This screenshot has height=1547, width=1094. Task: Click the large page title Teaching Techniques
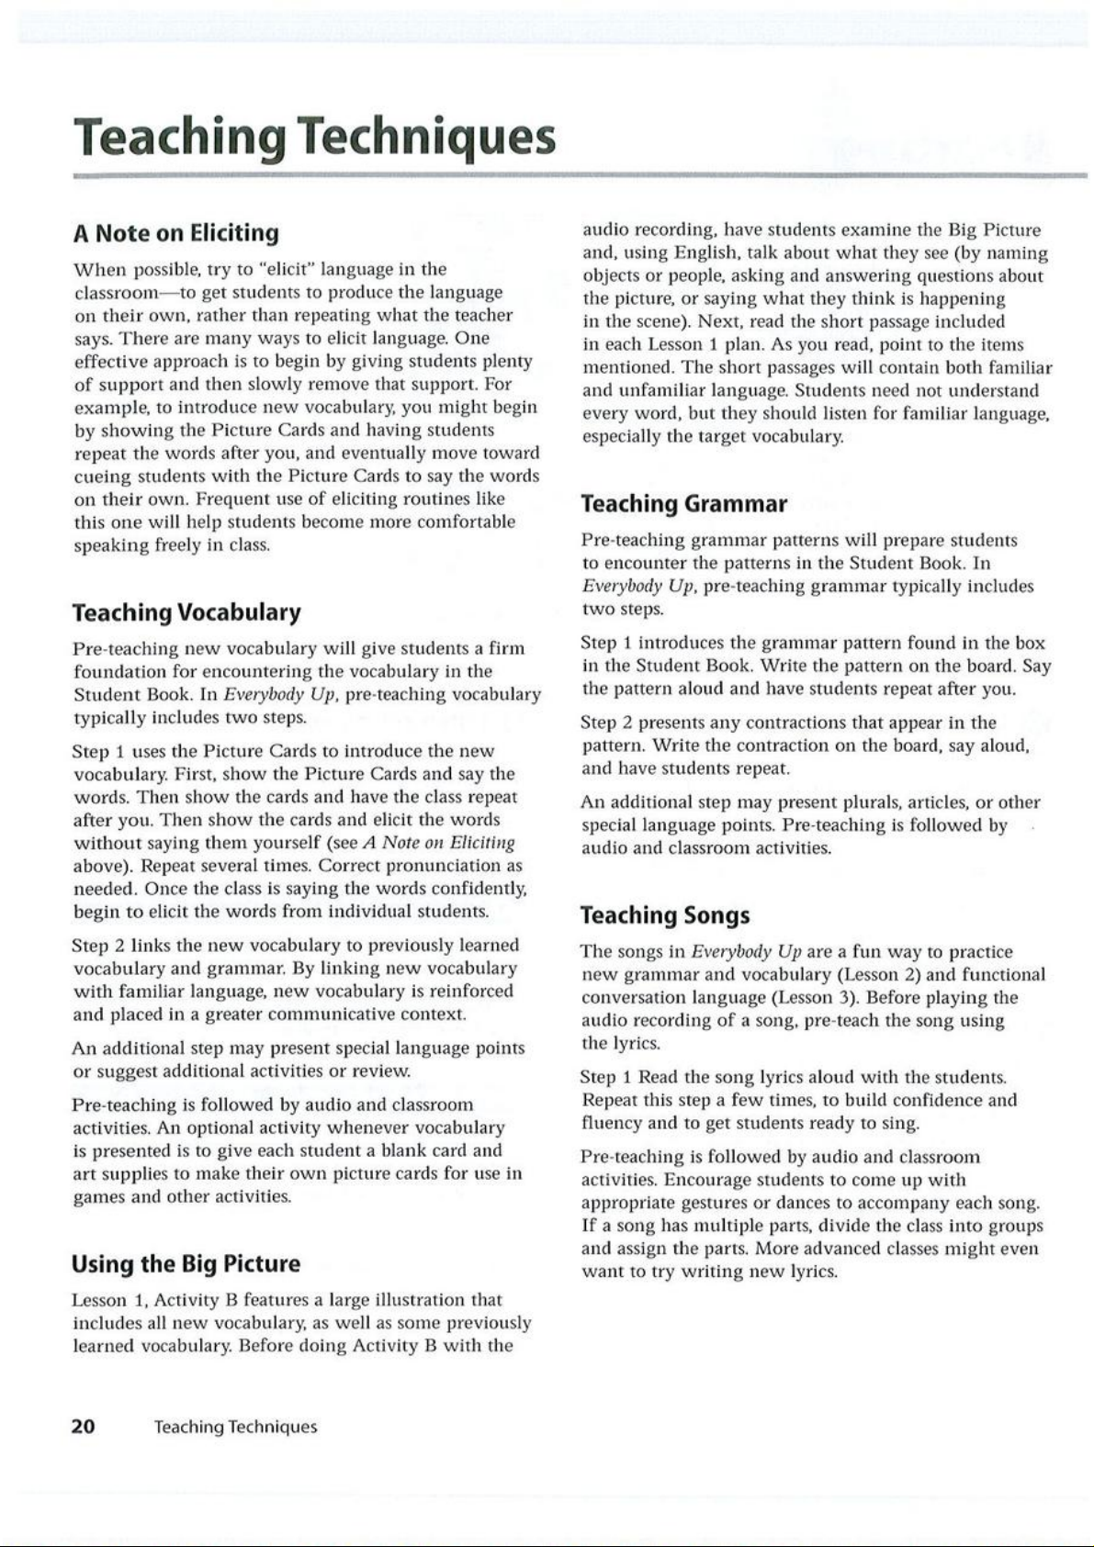[315, 138]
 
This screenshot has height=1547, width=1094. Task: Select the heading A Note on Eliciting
[175, 233]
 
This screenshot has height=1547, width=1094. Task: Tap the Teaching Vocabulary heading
[186, 612]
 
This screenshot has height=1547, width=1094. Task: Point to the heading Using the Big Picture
[186, 1264]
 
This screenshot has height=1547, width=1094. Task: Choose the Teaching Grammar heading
[684, 504]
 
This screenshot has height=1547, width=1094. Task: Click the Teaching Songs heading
[665, 915]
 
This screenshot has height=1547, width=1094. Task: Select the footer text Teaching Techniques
[235, 1427]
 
